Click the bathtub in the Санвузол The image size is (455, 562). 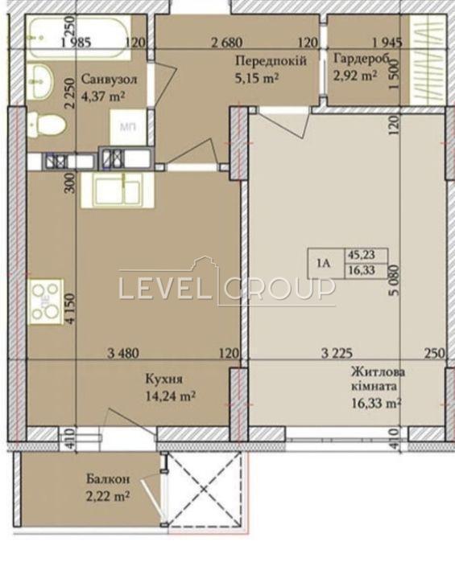[x=79, y=39]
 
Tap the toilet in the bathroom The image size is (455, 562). [x=47, y=125]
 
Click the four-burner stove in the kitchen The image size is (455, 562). [x=46, y=302]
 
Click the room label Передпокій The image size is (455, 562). [x=271, y=61]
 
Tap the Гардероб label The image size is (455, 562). [x=362, y=59]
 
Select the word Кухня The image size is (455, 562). [x=164, y=379]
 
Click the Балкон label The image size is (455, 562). [x=108, y=479]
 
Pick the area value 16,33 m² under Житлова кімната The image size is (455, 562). [x=376, y=404]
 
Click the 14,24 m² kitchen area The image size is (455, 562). [x=171, y=396]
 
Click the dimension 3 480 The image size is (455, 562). [x=123, y=354]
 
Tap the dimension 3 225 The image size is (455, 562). [x=337, y=354]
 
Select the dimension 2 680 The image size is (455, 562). [x=227, y=43]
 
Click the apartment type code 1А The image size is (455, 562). [x=324, y=264]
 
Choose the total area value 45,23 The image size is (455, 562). [x=361, y=255]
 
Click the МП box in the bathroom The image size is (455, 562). [x=128, y=127]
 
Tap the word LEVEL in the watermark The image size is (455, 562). [x=163, y=289]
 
